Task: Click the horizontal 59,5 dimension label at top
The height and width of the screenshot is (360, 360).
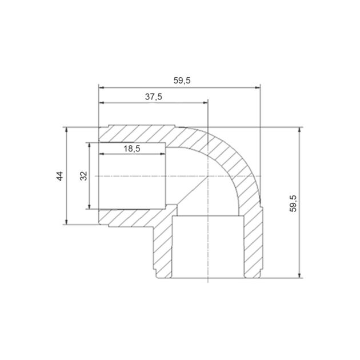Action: pos(182,81)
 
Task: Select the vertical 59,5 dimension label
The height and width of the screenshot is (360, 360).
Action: pos(293,203)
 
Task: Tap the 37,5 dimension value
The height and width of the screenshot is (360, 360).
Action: pos(154,97)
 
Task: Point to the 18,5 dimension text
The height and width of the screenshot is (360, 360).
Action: pos(132,149)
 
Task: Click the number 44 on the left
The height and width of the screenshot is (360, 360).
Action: pos(59,176)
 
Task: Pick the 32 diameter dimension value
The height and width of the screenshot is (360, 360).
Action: pos(84,176)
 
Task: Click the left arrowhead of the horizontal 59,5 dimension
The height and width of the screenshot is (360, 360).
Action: pos(101,87)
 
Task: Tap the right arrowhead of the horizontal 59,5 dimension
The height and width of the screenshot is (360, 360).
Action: pos(258,87)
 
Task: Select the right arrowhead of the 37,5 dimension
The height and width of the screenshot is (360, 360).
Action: pos(205,103)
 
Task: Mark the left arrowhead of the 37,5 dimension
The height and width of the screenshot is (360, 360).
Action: pos(101,103)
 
